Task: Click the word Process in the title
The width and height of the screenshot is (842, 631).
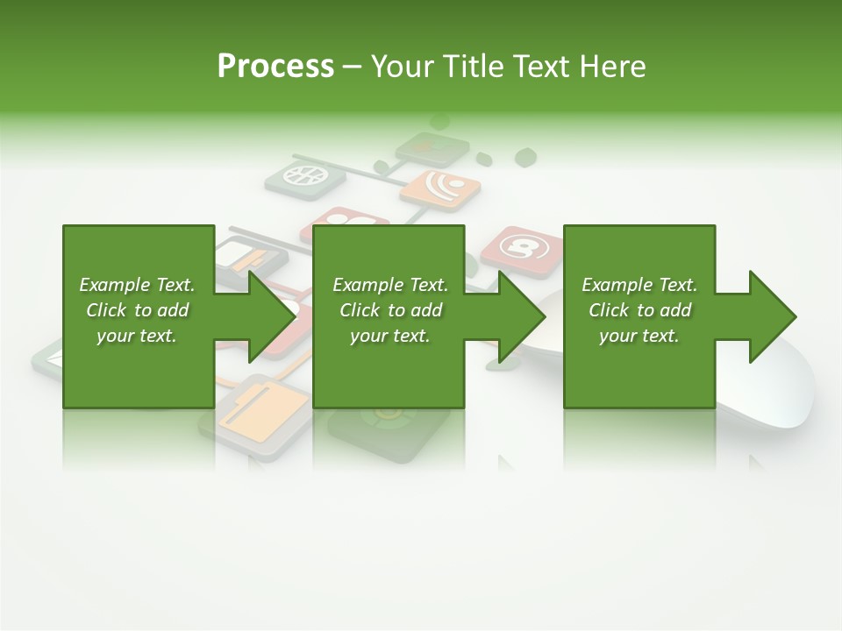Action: pyautogui.click(x=275, y=67)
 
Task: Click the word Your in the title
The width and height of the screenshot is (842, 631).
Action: pyautogui.click(x=400, y=67)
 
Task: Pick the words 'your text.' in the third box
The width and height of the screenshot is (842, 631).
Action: pyautogui.click(x=639, y=336)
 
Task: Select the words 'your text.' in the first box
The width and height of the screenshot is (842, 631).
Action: pyautogui.click(x=136, y=336)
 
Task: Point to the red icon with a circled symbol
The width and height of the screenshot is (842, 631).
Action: pyautogui.click(x=521, y=249)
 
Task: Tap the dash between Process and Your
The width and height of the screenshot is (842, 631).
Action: pyautogui.click(x=352, y=67)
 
